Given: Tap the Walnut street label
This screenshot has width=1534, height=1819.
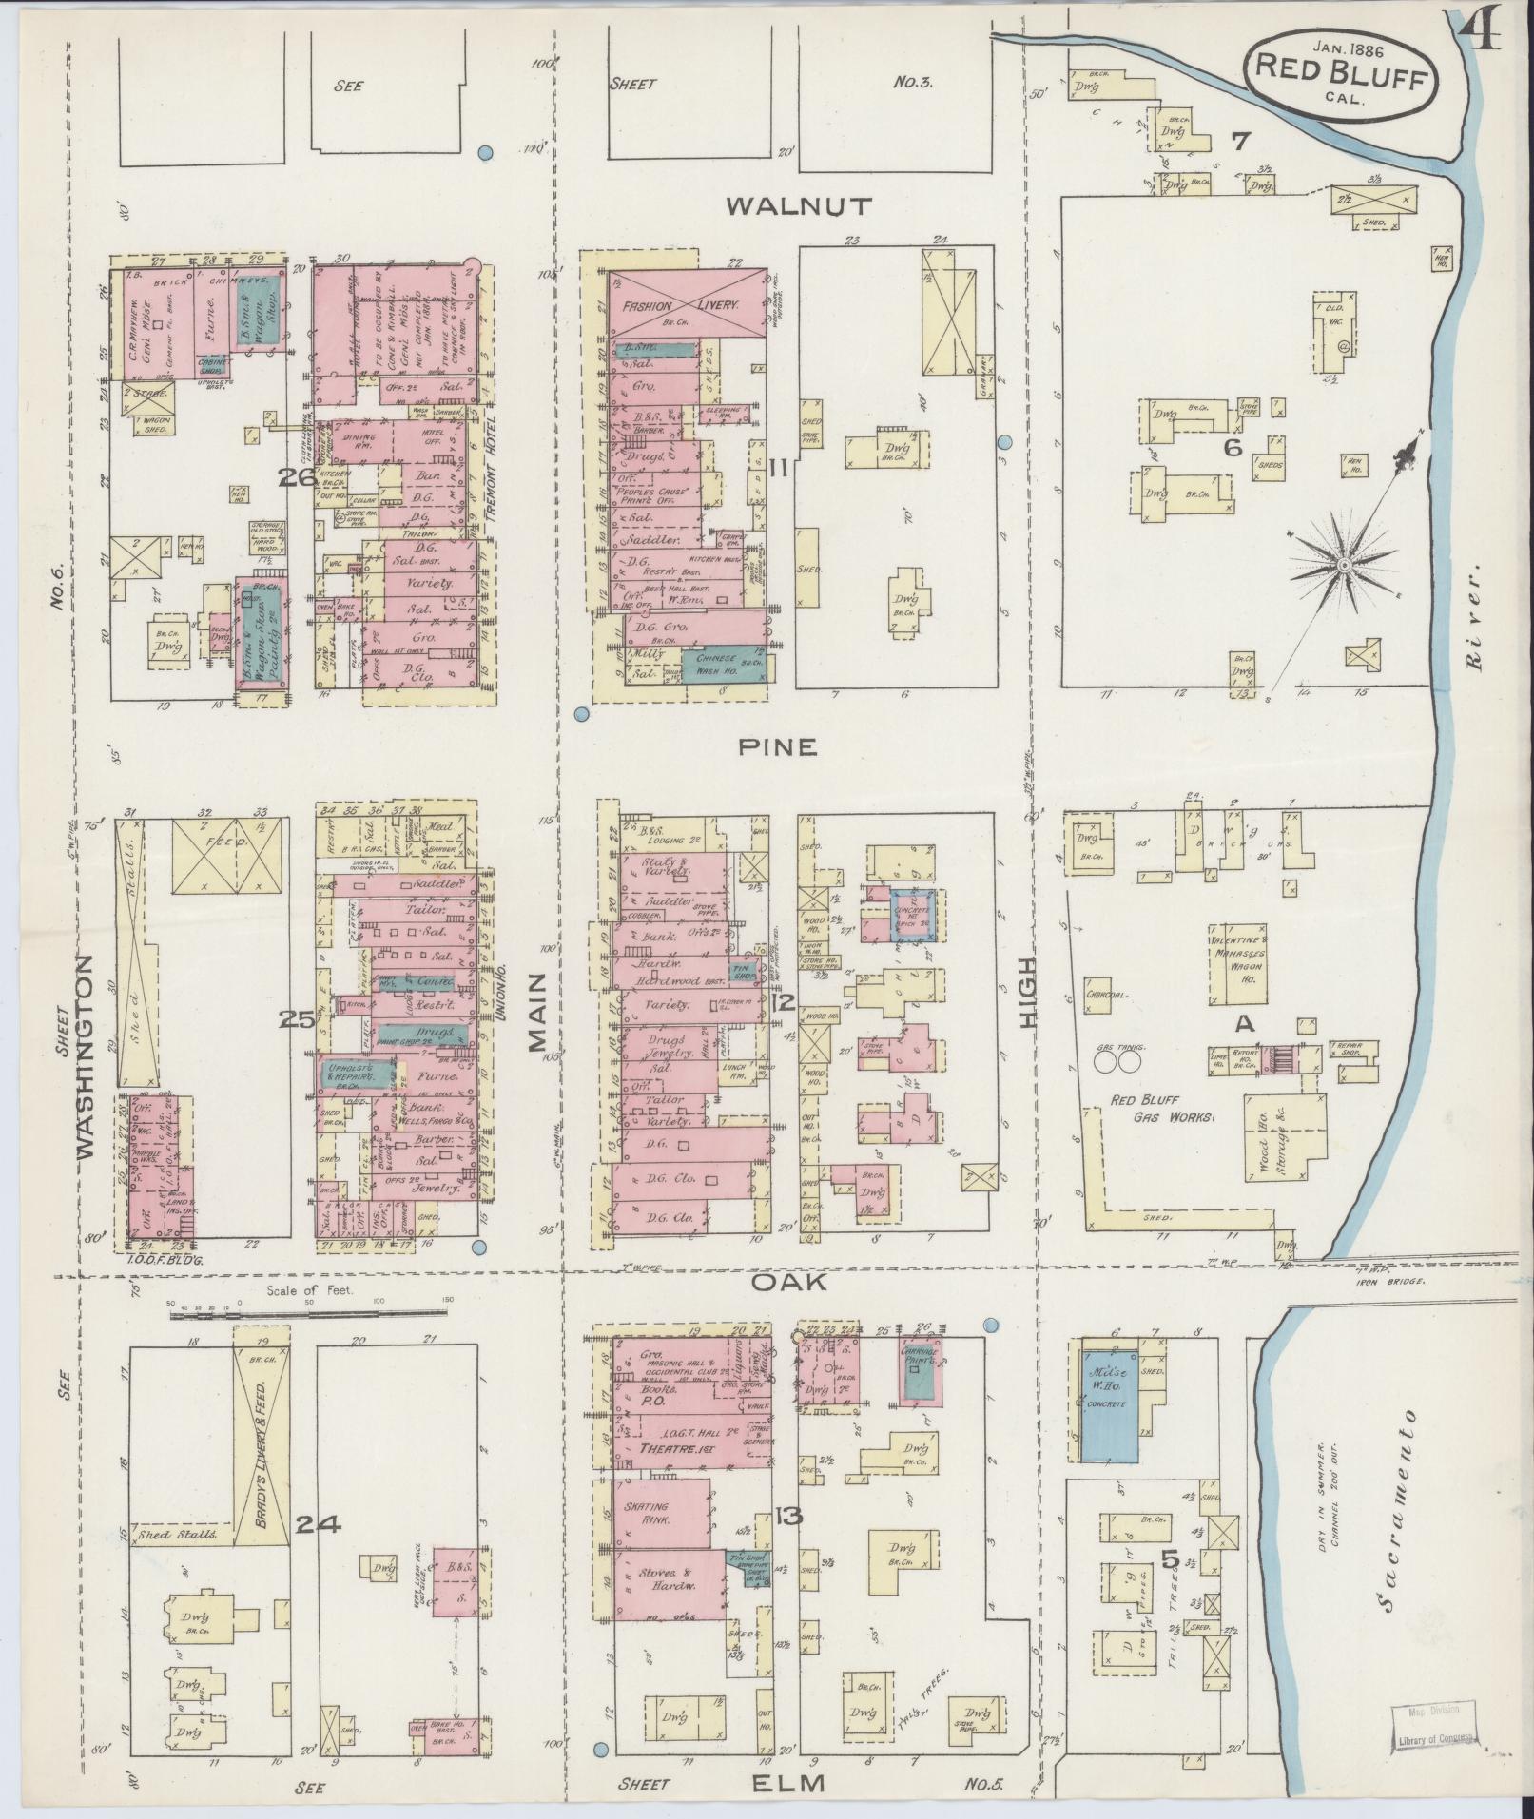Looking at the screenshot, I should tap(797, 206).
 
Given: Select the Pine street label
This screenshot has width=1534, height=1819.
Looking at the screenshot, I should tap(779, 746).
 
